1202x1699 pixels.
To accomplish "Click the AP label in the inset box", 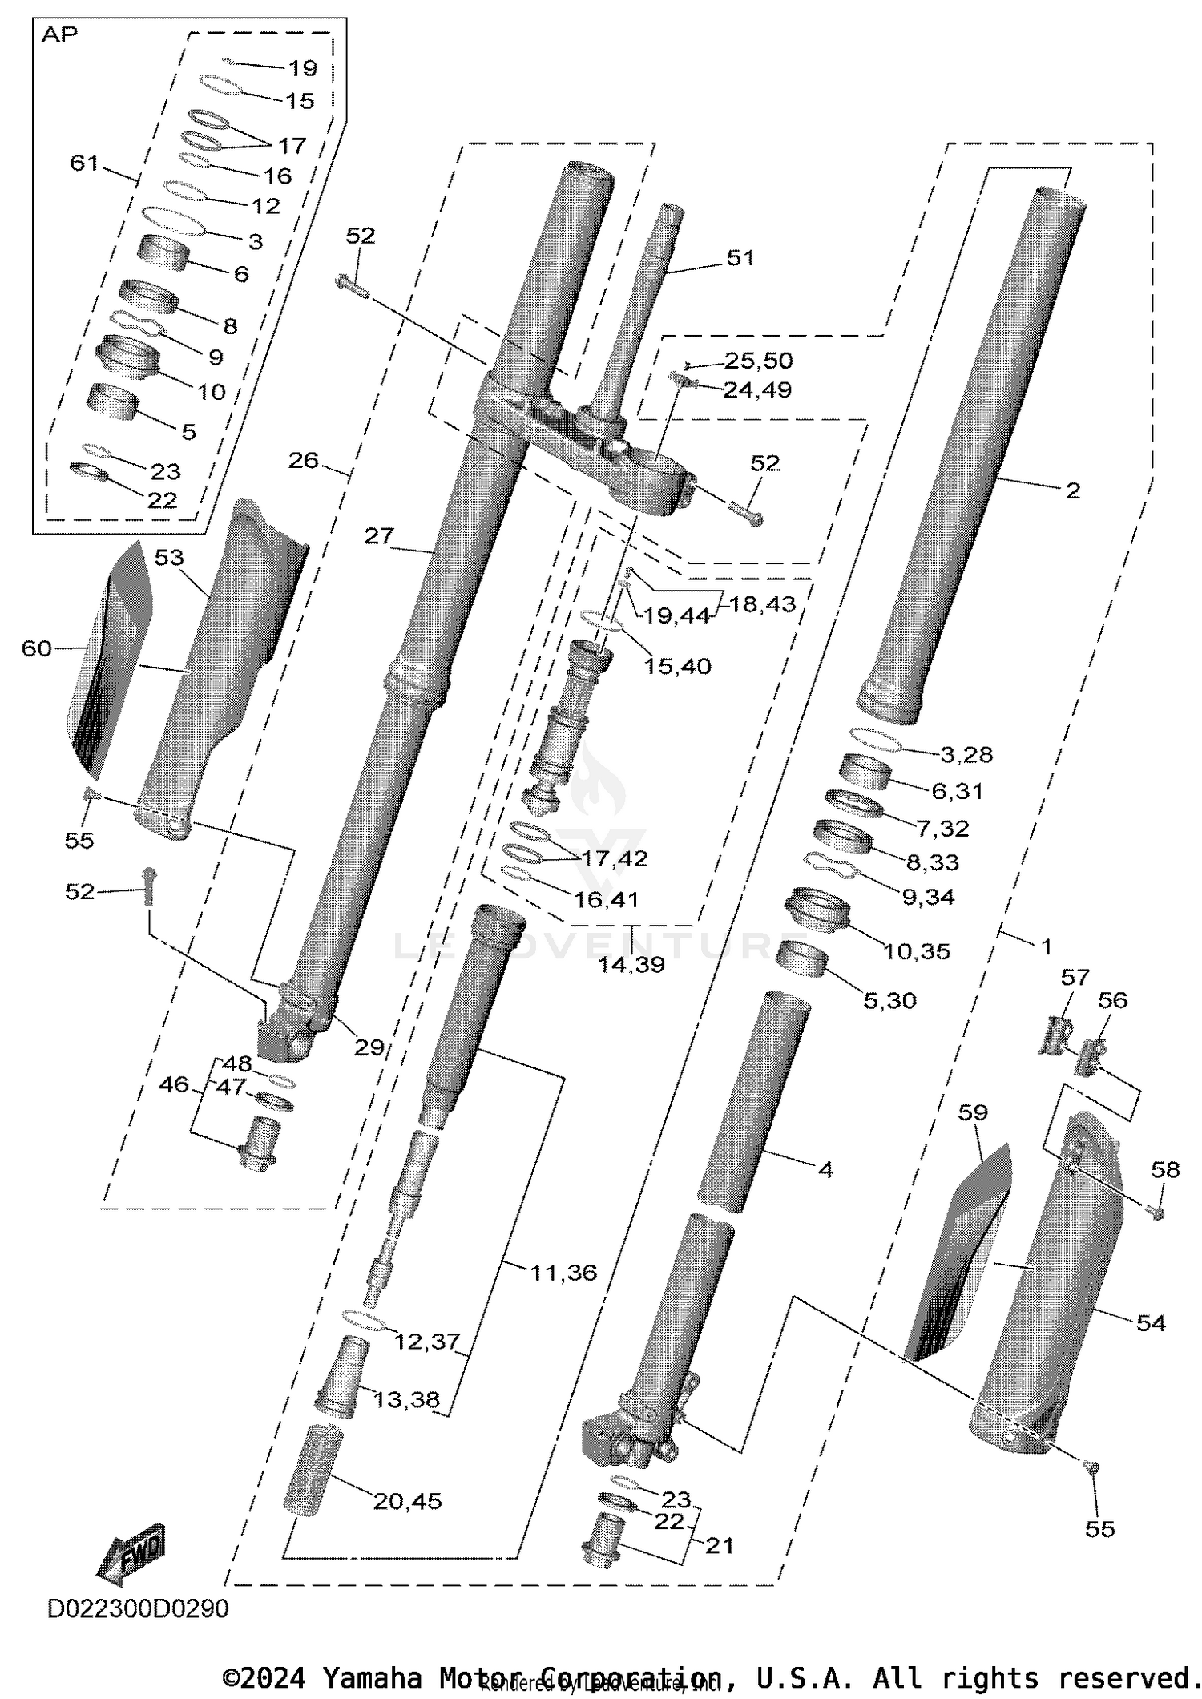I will (x=59, y=35).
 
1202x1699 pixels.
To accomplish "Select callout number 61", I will (x=84, y=163).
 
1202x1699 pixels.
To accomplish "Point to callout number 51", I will (x=740, y=258).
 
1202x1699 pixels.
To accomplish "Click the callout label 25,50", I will (x=758, y=361).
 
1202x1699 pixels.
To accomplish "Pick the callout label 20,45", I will (x=407, y=1501).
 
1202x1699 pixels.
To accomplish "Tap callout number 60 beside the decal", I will (x=36, y=648).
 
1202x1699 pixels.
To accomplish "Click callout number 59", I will (x=973, y=1112).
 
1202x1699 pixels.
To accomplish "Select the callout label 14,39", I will (x=631, y=964).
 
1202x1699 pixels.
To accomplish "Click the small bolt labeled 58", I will (x=1156, y=1213).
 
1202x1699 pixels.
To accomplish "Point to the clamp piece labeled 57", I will (x=1055, y=1035).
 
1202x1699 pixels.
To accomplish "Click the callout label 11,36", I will (x=563, y=1273).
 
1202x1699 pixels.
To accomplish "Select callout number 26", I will (x=303, y=461).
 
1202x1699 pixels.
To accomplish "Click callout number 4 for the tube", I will (x=825, y=1169).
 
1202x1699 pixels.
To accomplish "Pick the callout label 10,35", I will (x=916, y=951).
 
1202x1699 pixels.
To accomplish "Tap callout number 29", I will (x=369, y=1047).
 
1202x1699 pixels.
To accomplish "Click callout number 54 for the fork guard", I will (x=1151, y=1322).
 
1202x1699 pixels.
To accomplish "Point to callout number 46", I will (x=174, y=1085).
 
